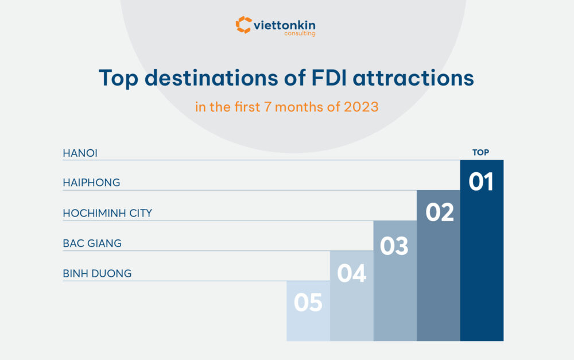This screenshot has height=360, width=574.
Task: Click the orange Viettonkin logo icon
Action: (243, 25)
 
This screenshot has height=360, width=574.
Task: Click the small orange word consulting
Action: (300, 34)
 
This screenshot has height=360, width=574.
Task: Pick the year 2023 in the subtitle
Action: (361, 107)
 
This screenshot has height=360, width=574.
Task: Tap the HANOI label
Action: (80, 153)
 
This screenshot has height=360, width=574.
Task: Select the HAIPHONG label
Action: (91, 183)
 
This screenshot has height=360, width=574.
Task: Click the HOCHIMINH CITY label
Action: (107, 213)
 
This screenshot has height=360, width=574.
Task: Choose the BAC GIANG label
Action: (92, 243)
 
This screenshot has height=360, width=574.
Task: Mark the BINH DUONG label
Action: (97, 273)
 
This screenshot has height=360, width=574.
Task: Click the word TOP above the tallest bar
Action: (481, 153)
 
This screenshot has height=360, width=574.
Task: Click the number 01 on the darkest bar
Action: (481, 182)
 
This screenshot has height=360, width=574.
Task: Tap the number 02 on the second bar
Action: (439, 212)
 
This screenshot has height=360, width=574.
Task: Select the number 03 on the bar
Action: (394, 246)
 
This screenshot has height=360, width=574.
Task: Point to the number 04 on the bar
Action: (351, 273)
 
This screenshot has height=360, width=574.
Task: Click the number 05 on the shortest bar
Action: (308, 303)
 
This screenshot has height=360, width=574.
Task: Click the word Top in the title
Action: (119, 78)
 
